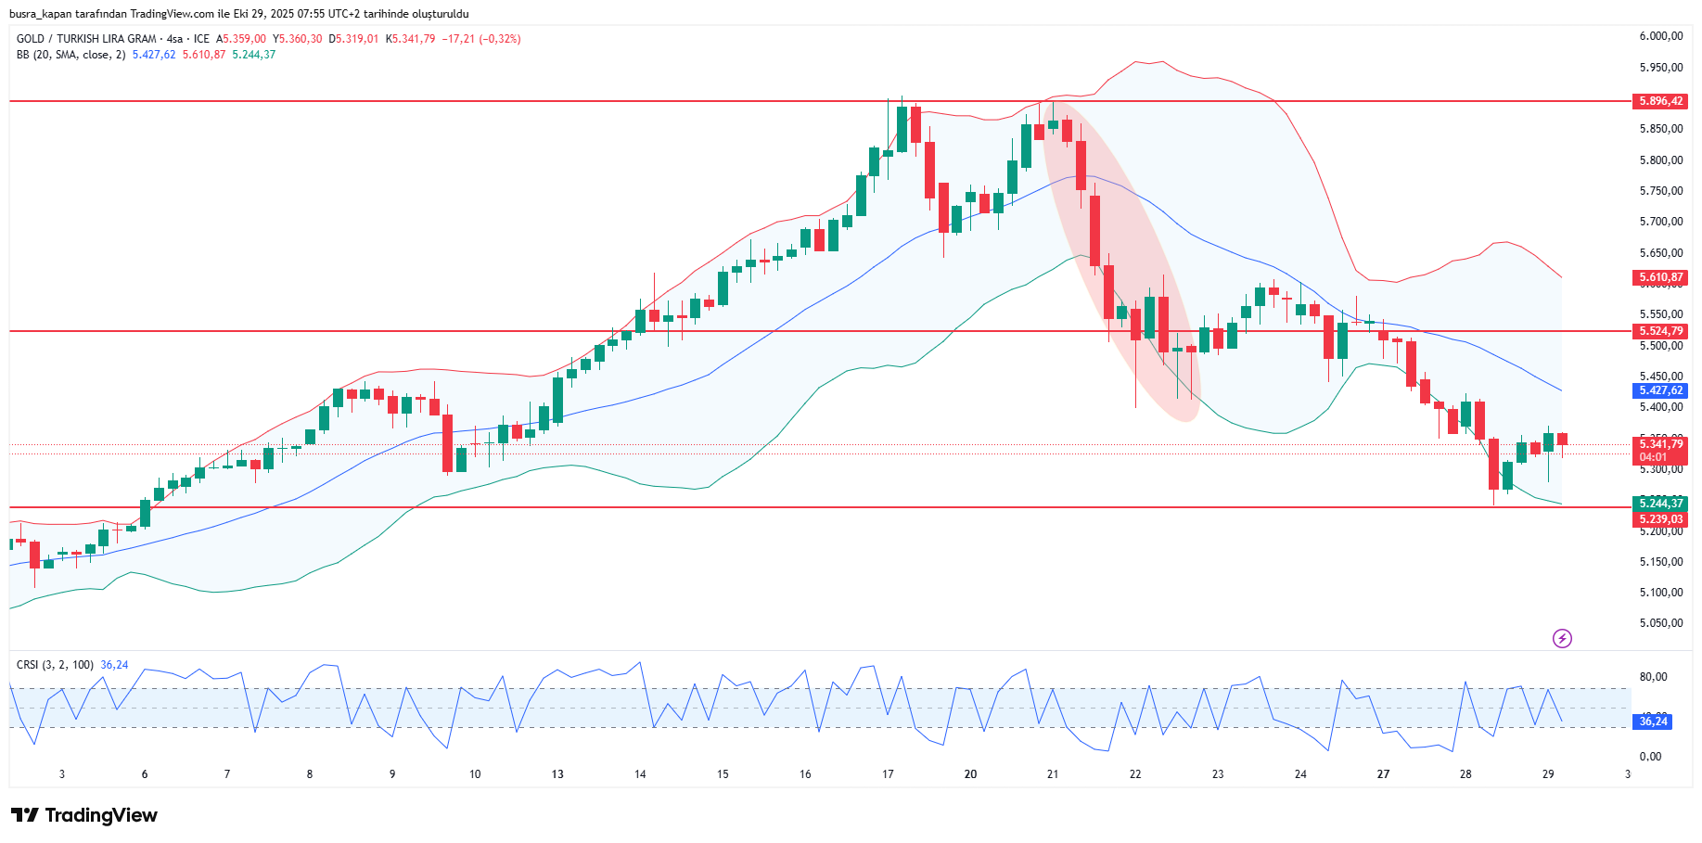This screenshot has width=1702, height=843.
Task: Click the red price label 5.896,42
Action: (x=1660, y=101)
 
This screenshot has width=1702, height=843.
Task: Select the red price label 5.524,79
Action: (x=1660, y=331)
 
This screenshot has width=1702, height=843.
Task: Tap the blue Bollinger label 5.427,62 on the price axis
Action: (x=1660, y=390)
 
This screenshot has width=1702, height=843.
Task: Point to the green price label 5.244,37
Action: (x=1660, y=504)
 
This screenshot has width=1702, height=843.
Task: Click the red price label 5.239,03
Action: (x=1660, y=519)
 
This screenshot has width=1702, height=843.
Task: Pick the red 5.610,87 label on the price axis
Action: (x=1660, y=277)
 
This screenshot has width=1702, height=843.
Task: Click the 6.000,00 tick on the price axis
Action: (x=1660, y=36)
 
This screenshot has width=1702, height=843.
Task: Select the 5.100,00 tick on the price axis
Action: (x=1660, y=593)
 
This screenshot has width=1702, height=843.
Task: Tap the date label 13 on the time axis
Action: (x=557, y=774)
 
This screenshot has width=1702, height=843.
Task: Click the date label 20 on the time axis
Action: (x=970, y=774)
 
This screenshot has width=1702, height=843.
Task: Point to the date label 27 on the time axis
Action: (x=1383, y=774)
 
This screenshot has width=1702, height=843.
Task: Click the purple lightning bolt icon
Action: (x=1562, y=638)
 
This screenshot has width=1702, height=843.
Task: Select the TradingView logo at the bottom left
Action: (x=84, y=815)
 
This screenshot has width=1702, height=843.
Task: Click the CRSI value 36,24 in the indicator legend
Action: (x=114, y=665)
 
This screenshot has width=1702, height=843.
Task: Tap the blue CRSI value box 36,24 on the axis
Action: (x=1653, y=722)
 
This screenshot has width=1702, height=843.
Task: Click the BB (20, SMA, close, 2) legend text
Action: (x=70, y=55)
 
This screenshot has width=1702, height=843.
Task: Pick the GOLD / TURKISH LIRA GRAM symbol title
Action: (x=86, y=39)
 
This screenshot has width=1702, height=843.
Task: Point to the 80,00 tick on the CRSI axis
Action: (x=1653, y=677)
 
